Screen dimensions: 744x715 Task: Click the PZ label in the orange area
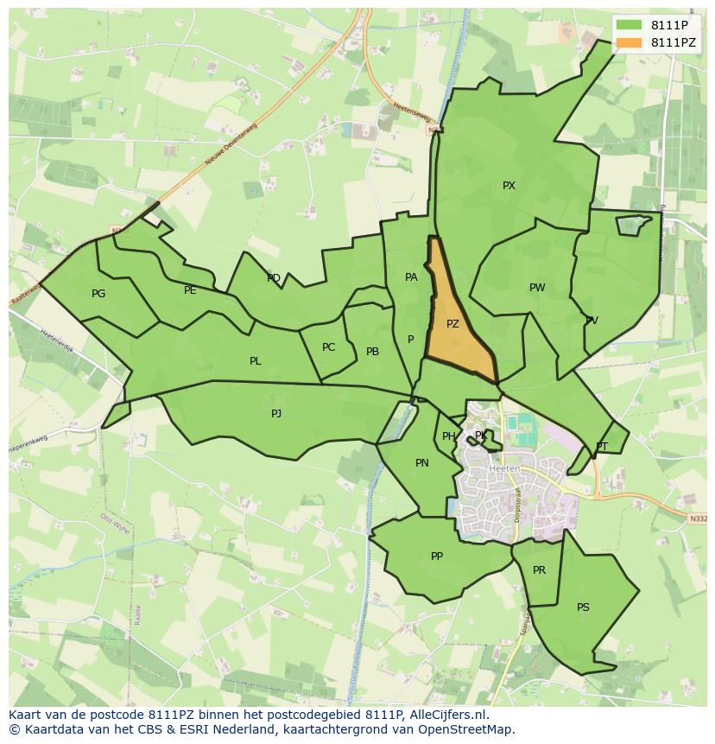point(452,324)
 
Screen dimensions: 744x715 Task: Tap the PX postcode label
point(509,186)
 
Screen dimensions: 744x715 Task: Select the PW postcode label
point(537,288)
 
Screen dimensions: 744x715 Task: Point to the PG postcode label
point(98,294)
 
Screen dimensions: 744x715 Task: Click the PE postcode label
point(190,290)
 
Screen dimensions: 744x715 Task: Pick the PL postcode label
point(255,361)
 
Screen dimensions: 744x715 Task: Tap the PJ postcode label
point(276,414)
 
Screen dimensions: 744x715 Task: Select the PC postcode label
point(328,347)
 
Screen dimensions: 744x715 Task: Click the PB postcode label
point(372,352)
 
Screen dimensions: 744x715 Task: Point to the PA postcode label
point(411,277)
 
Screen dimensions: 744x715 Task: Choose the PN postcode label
point(421,463)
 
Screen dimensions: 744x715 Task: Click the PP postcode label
point(436,556)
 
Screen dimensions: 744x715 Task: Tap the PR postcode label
point(539,570)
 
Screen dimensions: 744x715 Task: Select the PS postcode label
point(583,607)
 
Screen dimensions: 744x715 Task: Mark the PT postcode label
point(602,447)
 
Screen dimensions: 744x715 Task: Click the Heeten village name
point(504,469)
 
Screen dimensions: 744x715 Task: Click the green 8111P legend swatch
point(630,25)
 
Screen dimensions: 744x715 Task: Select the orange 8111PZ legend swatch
point(630,42)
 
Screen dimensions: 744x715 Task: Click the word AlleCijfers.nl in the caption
point(449,715)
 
